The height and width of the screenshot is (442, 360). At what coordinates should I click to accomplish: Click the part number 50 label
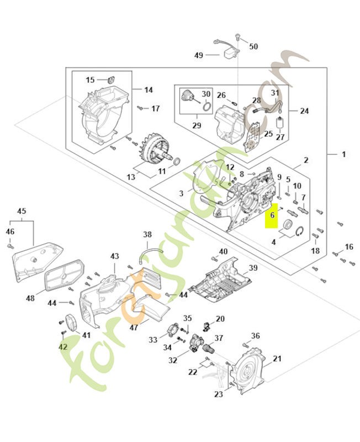pyautogui.click(x=253, y=46)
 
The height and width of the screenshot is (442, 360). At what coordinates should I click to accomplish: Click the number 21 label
pyautogui.click(x=277, y=359)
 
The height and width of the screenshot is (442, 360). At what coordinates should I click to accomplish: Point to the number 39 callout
pyautogui.click(x=253, y=268)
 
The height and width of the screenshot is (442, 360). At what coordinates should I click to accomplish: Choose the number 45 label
pyautogui.click(x=22, y=211)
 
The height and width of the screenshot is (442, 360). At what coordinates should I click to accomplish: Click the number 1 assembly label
pyautogui.click(x=343, y=154)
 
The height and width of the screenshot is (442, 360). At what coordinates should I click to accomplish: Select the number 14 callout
pyautogui.click(x=149, y=90)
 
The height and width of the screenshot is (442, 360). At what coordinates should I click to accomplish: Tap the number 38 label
pyautogui.click(x=147, y=234)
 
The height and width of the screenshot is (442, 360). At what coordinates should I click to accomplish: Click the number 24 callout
pyautogui.click(x=304, y=110)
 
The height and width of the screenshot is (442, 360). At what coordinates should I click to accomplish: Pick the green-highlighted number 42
pyautogui.click(x=62, y=346)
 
